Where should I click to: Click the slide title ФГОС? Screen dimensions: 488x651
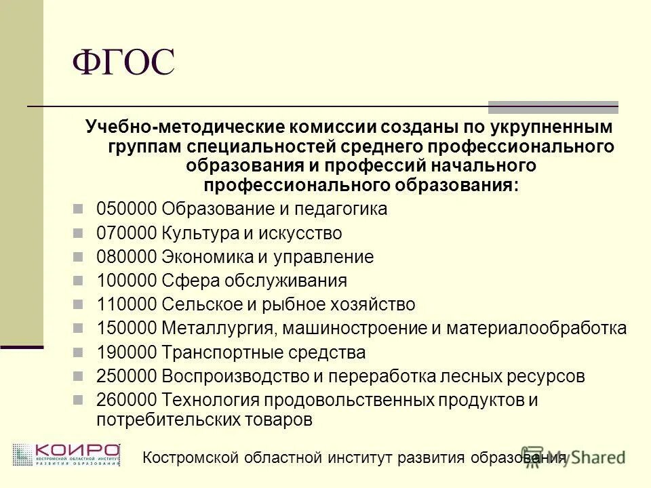[123, 64]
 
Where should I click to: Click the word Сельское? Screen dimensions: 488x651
[193, 304]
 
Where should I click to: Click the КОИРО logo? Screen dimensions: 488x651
[66, 455]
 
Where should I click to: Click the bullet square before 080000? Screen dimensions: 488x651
[78, 258]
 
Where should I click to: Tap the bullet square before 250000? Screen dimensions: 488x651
[78, 376]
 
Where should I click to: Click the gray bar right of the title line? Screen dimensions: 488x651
[553, 106]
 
